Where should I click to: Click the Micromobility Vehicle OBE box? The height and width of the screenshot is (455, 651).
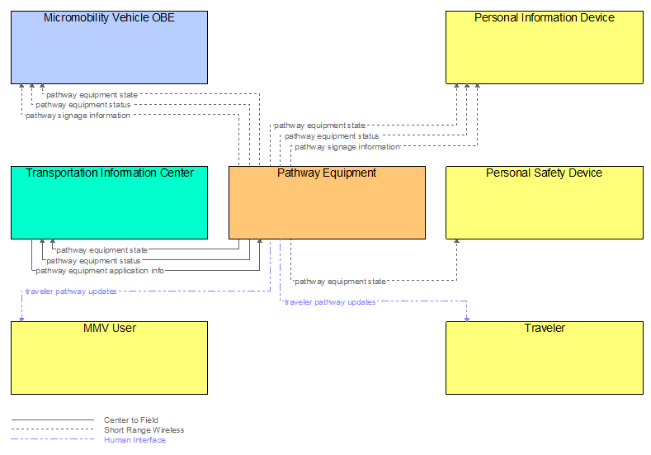(109, 47)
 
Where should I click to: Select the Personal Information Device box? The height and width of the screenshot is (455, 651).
(544, 47)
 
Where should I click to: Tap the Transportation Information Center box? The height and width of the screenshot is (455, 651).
(109, 202)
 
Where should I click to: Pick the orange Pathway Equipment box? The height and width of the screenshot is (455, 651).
(327, 202)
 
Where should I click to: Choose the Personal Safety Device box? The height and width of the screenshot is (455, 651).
(544, 202)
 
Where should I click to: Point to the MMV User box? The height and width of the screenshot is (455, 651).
(109, 358)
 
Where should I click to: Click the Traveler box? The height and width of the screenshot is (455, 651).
(544, 358)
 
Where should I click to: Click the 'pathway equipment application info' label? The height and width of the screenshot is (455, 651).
(100, 271)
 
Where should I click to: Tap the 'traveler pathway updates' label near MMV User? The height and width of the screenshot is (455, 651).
(71, 291)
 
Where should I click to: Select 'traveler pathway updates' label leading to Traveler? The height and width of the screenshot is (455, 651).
(330, 302)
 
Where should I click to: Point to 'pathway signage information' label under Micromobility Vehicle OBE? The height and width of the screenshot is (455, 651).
(78, 116)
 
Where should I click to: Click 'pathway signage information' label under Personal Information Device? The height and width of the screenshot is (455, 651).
(347, 147)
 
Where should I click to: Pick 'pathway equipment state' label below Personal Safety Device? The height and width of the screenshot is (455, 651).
(340, 282)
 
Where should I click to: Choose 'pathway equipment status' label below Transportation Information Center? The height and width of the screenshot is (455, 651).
(93, 261)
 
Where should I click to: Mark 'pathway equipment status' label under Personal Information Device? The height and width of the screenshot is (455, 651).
(332, 136)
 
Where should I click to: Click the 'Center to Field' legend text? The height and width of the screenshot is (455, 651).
(130, 420)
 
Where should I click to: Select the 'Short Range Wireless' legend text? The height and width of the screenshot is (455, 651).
(144, 430)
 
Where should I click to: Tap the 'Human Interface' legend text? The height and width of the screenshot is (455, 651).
(134, 440)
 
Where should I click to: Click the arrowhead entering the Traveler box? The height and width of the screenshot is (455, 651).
(467, 318)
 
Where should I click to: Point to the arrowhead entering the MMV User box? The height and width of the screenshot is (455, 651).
(21, 318)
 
